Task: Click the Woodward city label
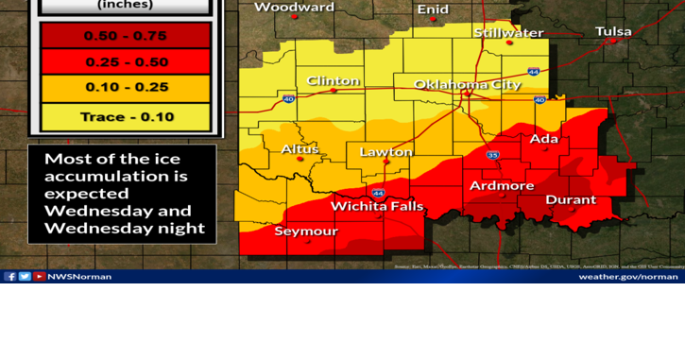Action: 294,8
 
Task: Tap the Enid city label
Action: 434,9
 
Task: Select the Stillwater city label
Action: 509,33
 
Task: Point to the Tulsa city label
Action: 613,32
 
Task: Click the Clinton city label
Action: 333,81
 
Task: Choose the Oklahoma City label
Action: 468,84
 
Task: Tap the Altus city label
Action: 300,149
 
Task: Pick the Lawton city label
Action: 385,152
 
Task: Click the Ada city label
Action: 544,139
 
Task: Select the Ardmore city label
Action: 502,185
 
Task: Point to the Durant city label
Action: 571,200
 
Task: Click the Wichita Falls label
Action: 377,207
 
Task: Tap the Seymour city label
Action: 305,231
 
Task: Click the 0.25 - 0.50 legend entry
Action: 125,62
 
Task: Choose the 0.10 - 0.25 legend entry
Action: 125,88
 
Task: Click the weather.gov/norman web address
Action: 627,277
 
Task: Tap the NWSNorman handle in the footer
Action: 79,277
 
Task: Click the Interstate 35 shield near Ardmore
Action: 493,155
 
